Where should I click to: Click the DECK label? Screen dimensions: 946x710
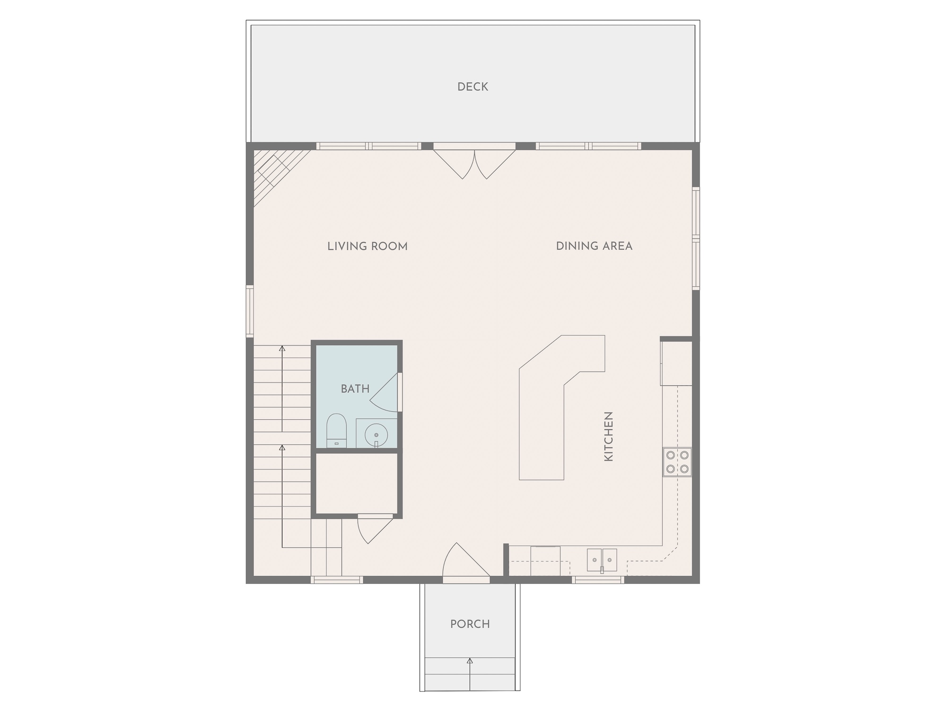point(473,87)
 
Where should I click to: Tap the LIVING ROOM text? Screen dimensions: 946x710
point(368,246)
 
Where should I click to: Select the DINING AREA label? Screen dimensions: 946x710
point(594,246)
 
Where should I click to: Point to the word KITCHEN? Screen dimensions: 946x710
point(608,436)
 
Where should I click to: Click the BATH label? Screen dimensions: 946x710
point(355,389)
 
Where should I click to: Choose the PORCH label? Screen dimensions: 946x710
point(470,624)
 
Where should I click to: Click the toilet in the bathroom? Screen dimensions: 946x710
point(336,431)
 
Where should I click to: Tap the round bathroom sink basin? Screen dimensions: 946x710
point(376,435)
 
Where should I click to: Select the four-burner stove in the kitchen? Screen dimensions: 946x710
point(677,462)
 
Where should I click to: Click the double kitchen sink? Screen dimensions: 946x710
point(602,560)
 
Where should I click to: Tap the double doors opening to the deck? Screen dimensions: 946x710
point(474,163)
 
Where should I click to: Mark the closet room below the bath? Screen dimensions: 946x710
point(357,483)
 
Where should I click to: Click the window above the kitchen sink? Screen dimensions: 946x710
point(598,580)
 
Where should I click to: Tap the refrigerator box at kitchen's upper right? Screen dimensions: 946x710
point(676,364)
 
